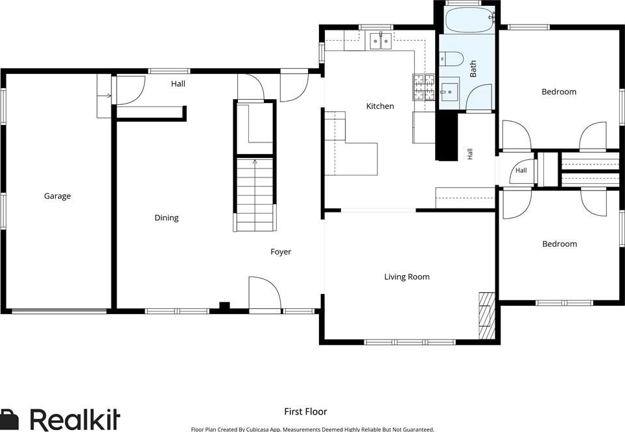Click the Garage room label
tap(58, 196)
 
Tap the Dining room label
tap(167, 218)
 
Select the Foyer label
tap(281, 252)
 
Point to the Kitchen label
tap(380, 106)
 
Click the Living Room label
tap(407, 277)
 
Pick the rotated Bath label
tap(473, 69)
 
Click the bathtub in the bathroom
tap(469, 20)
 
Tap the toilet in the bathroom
tap(451, 58)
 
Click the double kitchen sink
tap(381, 41)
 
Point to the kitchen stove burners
tap(424, 87)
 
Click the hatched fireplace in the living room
tap(487, 315)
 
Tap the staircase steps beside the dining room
tap(255, 195)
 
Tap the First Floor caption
tap(305, 412)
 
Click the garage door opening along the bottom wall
tap(60, 312)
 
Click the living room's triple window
tap(409, 342)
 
